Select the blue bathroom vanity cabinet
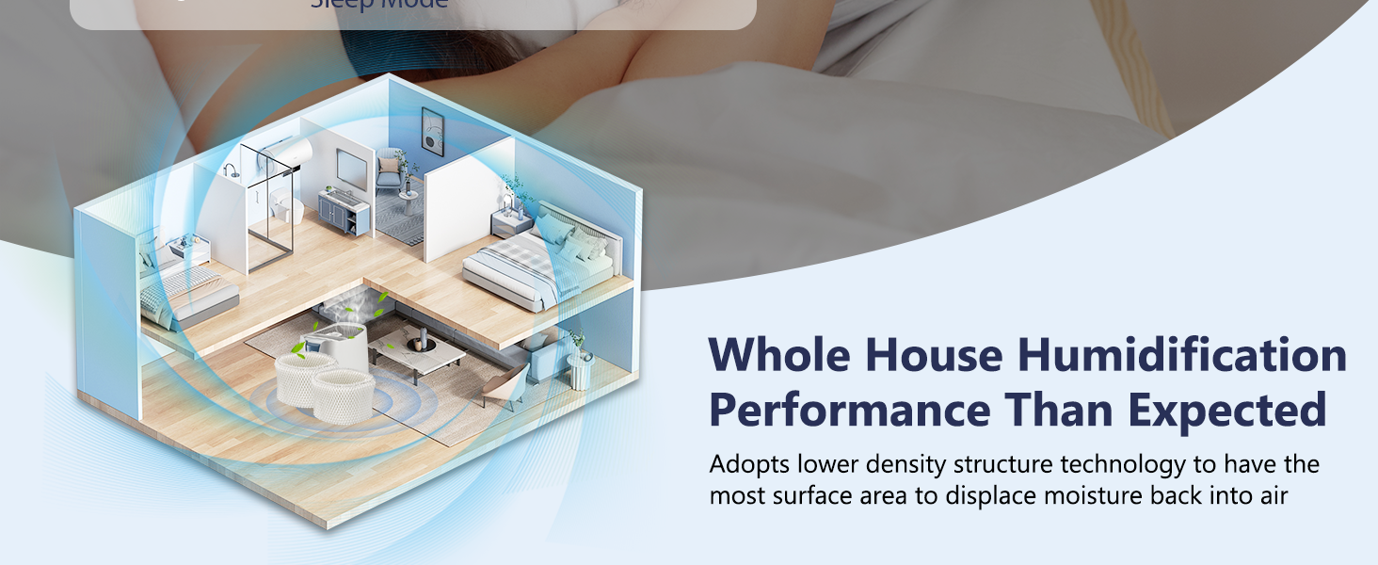coord(344,213)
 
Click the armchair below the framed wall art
coord(390,173)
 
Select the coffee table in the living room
coord(417,351)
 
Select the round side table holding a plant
coord(580,368)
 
